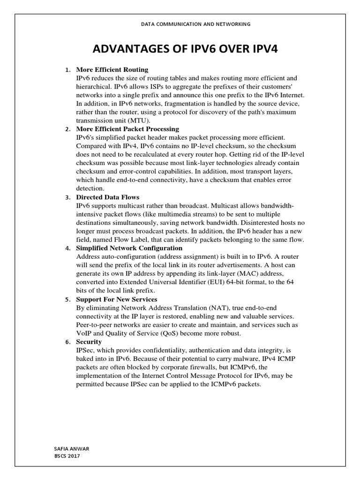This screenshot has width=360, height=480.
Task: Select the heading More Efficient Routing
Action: pyautogui.click(x=112, y=70)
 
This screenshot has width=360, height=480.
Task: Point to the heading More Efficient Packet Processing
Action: pyautogui.click(x=127, y=129)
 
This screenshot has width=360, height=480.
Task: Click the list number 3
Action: pyautogui.click(x=67, y=197)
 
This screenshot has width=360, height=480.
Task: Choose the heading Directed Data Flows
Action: pyautogui.click(x=107, y=197)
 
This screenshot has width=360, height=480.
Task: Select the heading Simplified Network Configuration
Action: pyautogui.click(x=129, y=248)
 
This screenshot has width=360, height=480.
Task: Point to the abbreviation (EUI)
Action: pyautogui.click(x=213, y=282)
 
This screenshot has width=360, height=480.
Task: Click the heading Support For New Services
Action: pyautogui.click(x=116, y=299)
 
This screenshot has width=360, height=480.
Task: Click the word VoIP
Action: pyautogui.click(x=85, y=333)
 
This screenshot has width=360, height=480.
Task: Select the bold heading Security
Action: pyautogui.click(x=89, y=342)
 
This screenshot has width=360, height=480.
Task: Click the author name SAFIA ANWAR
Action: pyautogui.click(x=72, y=449)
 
